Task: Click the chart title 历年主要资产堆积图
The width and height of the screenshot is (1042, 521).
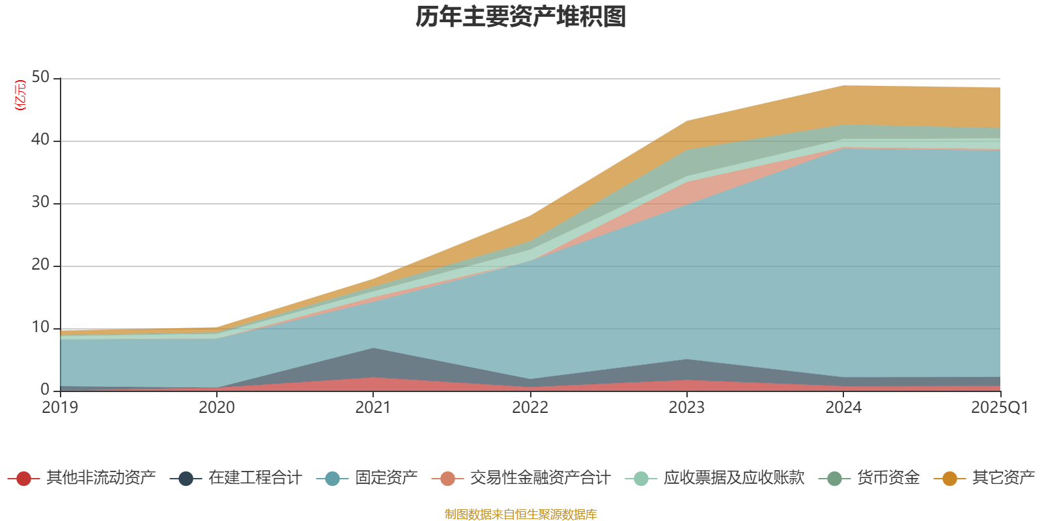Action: point(521,17)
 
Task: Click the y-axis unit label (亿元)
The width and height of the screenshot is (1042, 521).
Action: point(20,95)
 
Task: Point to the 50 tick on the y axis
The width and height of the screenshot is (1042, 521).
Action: point(40,77)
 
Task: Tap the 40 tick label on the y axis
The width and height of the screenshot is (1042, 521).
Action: point(40,140)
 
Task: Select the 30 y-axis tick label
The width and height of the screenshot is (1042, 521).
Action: point(40,203)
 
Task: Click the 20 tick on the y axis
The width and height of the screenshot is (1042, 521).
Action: point(40,265)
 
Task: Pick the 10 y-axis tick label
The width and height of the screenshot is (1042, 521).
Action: point(40,328)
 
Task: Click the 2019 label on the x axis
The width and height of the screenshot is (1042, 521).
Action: point(60,408)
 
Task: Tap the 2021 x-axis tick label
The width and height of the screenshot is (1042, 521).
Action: point(373,408)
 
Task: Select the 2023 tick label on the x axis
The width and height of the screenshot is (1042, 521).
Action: point(686,408)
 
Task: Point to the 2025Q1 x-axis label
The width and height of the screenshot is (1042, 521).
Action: point(999,408)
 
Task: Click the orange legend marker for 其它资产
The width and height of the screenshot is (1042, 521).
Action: point(950,479)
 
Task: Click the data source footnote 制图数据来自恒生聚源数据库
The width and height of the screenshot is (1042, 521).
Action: point(521,514)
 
